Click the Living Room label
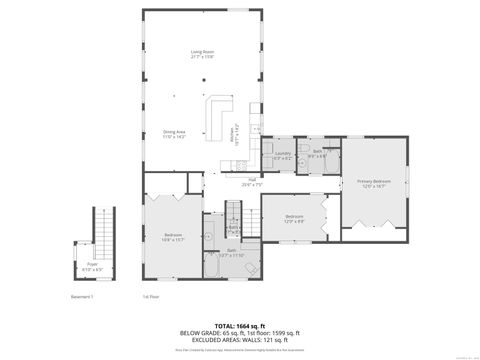(x=203, y=54)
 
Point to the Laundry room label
(x=282, y=155)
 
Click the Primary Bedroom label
(x=374, y=183)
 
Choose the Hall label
(x=252, y=182)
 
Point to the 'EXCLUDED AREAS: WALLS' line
(x=239, y=339)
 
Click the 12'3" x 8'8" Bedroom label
(x=294, y=218)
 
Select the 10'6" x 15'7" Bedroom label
(x=173, y=237)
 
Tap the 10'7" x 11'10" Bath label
(x=231, y=253)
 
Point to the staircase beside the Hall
(x=234, y=213)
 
